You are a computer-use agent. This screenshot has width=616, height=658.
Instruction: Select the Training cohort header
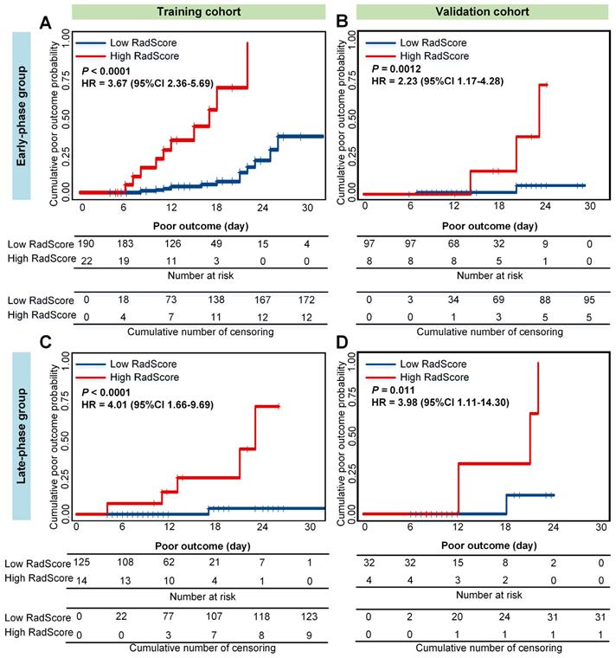[181, 11]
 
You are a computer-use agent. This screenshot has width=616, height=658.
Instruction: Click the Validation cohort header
[466, 11]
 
